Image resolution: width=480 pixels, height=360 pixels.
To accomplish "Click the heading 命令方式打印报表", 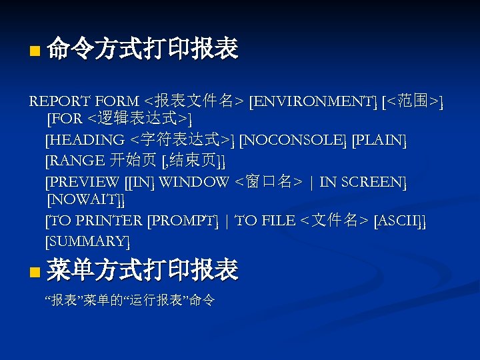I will coord(143,49).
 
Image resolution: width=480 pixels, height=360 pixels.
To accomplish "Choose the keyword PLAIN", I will coord(379,140).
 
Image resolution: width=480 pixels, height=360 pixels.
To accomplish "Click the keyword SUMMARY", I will coord(87,241).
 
